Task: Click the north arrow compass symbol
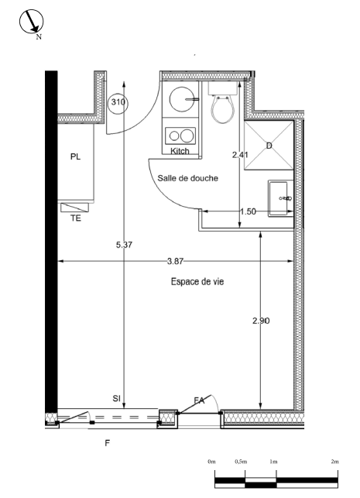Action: pyautogui.click(x=32, y=22)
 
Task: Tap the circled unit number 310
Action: pyautogui.click(x=118, y=102)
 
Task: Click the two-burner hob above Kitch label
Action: pyautogui.click(x=181, y=135)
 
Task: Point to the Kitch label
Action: pyautogui.click(x=180, y=151)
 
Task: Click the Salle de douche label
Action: pyautogui.click(x=187, y=177)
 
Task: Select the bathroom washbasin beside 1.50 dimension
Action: pyautogui.click(x=280, y=199)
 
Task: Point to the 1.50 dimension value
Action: pyautogui.click(x=248, y=211)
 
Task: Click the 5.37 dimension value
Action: pyautogui.click(x=124, y=246)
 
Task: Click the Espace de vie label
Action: pyautogui.click(x=197, y=283)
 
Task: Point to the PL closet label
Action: pyautogui.click(x=75, y=156)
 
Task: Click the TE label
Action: pyautogui.click(x=76, y=218)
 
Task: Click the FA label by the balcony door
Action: pyautogui.click(x=199, y=400)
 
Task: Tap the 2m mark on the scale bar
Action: pyautogui.click(x=334, y=461)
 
